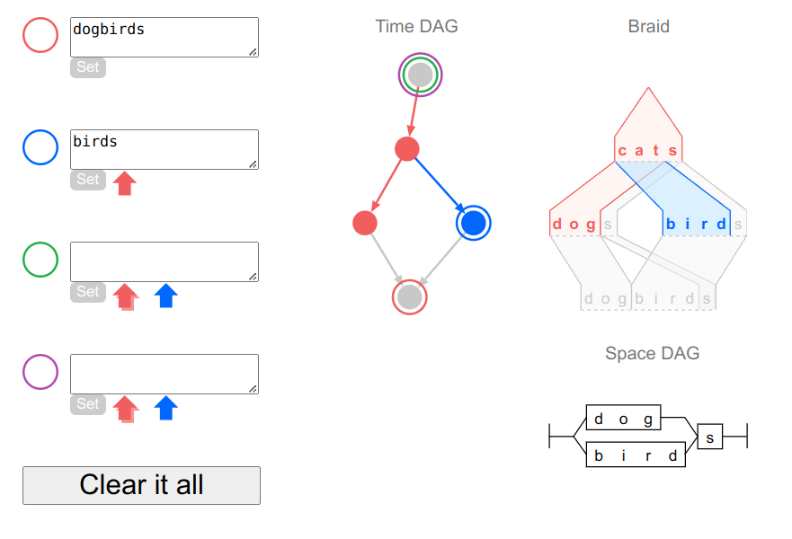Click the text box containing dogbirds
[165, 38]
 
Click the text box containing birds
[165, 149]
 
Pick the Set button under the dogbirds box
[88, 67]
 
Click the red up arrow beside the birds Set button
[125, 182]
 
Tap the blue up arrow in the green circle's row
[165, 296]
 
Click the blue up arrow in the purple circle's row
[165, 408]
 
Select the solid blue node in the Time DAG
[473, 223]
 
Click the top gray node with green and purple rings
[420, 75]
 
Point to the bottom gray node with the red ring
[410, 297]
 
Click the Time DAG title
[417, 26]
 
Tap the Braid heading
[648, 26]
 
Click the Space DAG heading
[652, 353]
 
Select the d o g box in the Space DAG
[623, 419]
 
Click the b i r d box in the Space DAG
[636, 455]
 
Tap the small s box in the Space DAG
[709, 437]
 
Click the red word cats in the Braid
[647, 150]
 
